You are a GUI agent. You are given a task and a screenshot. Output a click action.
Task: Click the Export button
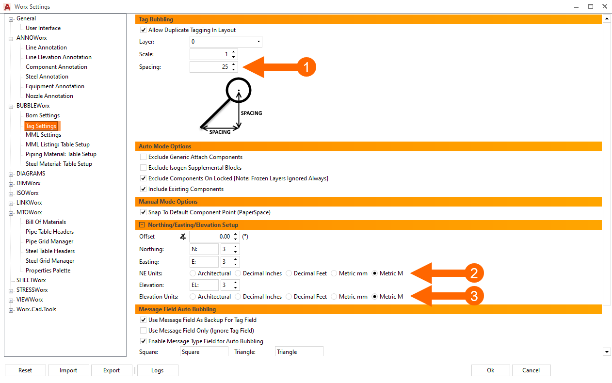[112, 370]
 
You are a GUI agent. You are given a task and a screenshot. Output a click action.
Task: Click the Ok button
[490, 370]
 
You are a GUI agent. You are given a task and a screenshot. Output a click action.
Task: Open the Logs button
[158, 370]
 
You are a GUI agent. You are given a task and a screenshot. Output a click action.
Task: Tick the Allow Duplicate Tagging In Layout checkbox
[143, 30]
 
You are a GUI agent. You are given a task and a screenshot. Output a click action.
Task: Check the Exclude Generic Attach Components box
[143, 157]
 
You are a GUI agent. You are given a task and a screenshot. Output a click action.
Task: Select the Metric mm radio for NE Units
[334, 273]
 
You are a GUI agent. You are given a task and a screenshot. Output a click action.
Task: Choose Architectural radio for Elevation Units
[193, 296]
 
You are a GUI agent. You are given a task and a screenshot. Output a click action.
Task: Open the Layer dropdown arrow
[258, 42]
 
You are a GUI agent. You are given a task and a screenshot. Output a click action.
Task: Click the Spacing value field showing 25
[210, 66]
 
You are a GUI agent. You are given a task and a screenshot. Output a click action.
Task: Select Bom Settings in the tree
[43, 115]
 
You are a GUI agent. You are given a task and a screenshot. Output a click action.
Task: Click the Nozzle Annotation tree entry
[49, 96]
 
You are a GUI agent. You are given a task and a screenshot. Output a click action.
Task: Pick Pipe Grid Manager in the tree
[49, 241]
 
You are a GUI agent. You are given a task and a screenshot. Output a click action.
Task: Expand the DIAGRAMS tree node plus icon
[11, 175]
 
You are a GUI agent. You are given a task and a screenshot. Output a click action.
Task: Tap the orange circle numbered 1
[306, 67]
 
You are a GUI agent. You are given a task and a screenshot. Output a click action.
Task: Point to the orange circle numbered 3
[474, 296]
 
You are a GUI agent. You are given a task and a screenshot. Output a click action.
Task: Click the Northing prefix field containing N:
[204, 249]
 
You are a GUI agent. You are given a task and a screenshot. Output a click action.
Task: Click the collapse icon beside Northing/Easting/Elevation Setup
[142, 224]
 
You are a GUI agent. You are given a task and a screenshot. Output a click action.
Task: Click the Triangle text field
[299, 351]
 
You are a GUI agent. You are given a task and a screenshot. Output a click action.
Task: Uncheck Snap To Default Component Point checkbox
[143, 212]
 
